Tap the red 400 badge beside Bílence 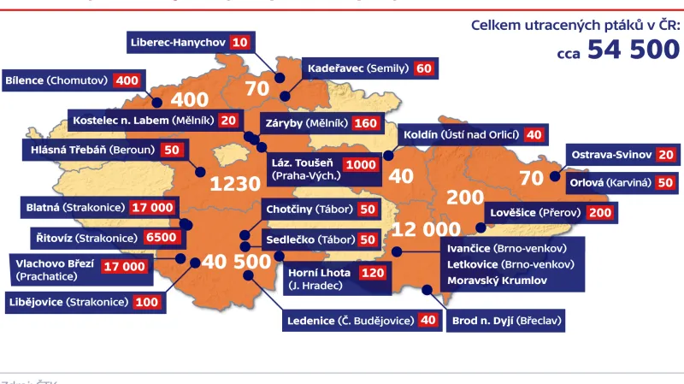pyautogui.click(x=127, y=80)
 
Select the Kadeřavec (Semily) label pyautogui.click(x=357, y=68)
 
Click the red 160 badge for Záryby pyautogui.click(x=364, y=123)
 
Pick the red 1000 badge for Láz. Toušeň pyautogui.click(x=359, y=162)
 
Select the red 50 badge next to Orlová pyautogui.click(x=664, y=182)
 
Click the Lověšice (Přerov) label pyautogui.click(x=535, y=212)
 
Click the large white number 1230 pyautogui.click(x=235, y=184)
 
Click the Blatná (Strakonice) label pyautogui.click(x=74, y=207)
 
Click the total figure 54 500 pyautogui.click(x=634, y=50)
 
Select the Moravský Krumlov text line pyautogui.click(x=497, y=280)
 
